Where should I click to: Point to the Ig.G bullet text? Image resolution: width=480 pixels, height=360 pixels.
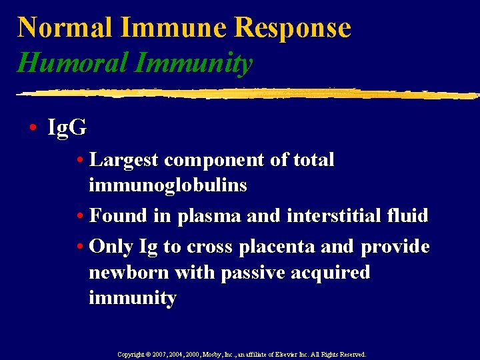pos(67,127)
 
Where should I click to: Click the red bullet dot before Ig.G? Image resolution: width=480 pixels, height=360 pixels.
pos(33,128)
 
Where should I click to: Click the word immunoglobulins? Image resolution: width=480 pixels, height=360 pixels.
pos(167,185)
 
